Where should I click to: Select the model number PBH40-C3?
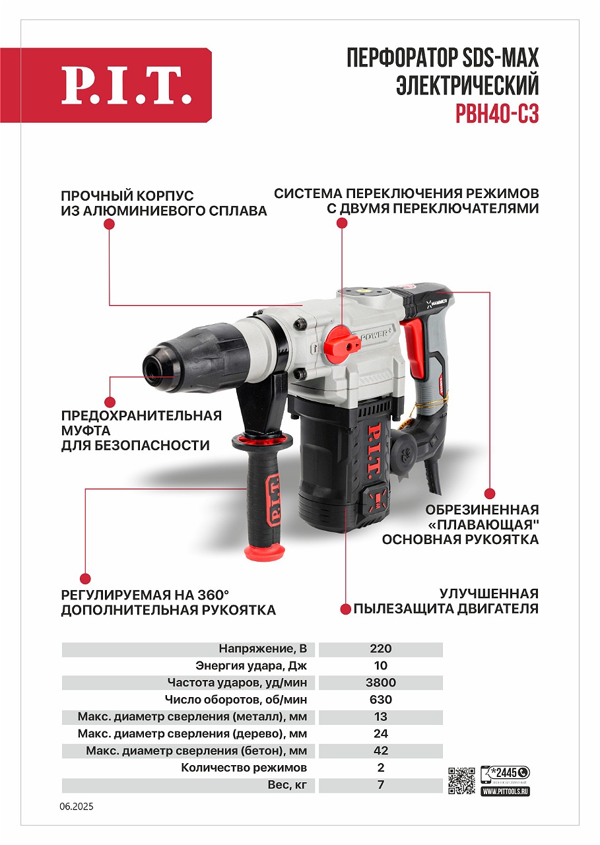497,114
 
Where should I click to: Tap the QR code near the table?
462,780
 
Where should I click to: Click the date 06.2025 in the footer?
77,807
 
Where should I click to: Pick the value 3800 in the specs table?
381,683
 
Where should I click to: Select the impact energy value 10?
381,665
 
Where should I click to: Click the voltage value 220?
381,648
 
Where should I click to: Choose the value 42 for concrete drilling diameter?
381,751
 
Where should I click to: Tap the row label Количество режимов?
244,768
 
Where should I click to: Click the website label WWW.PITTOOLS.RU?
506,790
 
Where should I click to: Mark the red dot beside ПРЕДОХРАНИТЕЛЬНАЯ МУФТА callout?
110,401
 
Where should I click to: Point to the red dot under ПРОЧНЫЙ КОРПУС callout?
110,224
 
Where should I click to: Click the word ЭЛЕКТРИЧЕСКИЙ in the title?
467,86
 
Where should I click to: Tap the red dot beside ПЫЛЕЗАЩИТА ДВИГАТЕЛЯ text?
345,609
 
